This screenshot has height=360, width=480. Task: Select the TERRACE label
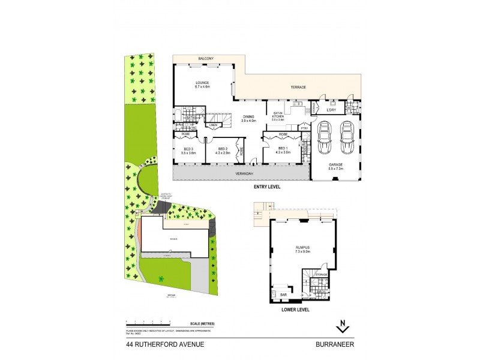tap(298, 88)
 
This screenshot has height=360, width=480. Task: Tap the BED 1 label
tap(282, 150)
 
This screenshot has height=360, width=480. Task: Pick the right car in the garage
tap(347, 139)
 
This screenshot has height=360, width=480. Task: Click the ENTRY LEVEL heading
tap(266, 187)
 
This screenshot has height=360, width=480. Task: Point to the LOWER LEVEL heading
tap(295, 310)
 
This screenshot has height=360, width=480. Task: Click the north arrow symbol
tap(342, 327)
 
